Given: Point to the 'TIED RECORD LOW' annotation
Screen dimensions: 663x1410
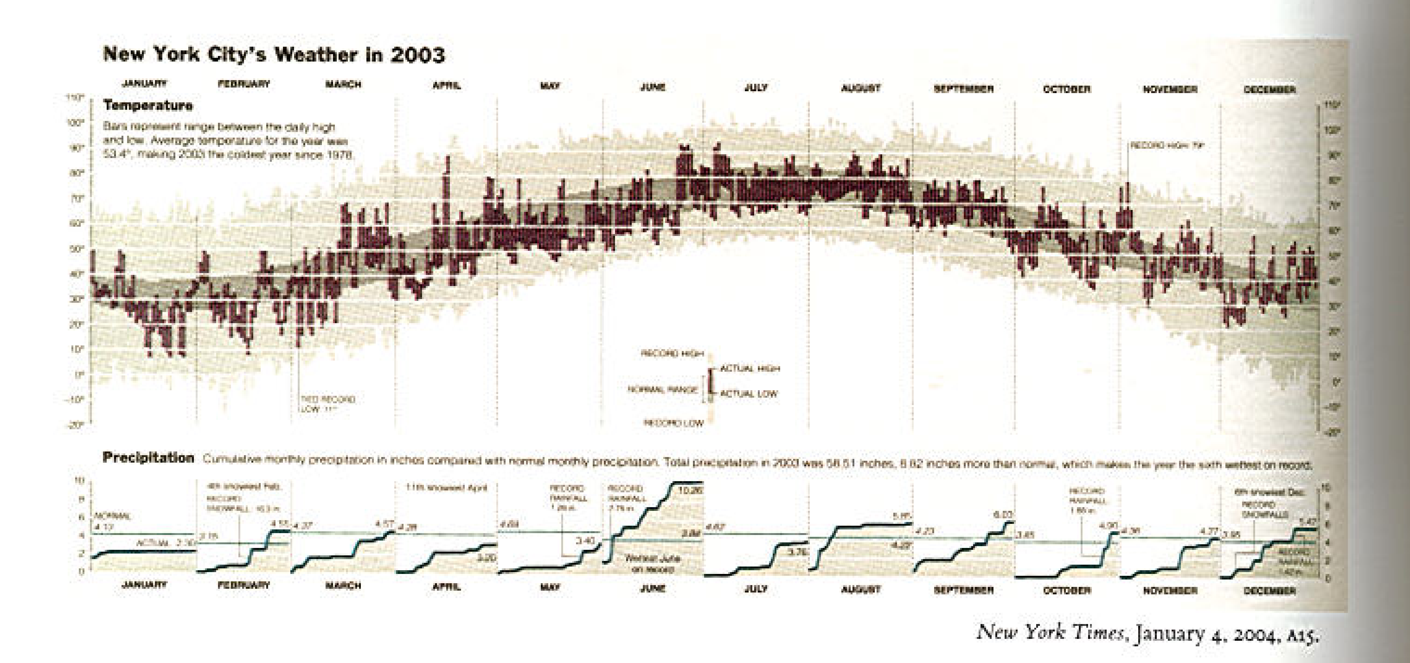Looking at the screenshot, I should click(x=327, y=404).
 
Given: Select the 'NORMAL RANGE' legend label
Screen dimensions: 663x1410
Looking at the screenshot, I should click(x=662, y=390).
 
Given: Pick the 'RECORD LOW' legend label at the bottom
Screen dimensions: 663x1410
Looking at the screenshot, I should click(x=673, y=423).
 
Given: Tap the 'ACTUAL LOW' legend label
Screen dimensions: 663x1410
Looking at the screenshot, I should click(x=748, y=394).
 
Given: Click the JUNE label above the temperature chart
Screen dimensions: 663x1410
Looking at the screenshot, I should click(x=652, y=87).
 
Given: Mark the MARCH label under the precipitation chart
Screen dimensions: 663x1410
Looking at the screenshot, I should click(x=343, y=585).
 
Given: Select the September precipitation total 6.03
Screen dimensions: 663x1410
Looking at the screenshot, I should click(x=1003, y=515).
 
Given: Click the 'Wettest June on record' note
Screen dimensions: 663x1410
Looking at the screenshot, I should click(x=652, y=564).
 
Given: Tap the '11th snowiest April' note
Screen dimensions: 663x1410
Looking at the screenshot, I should click(x=446, y=487).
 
